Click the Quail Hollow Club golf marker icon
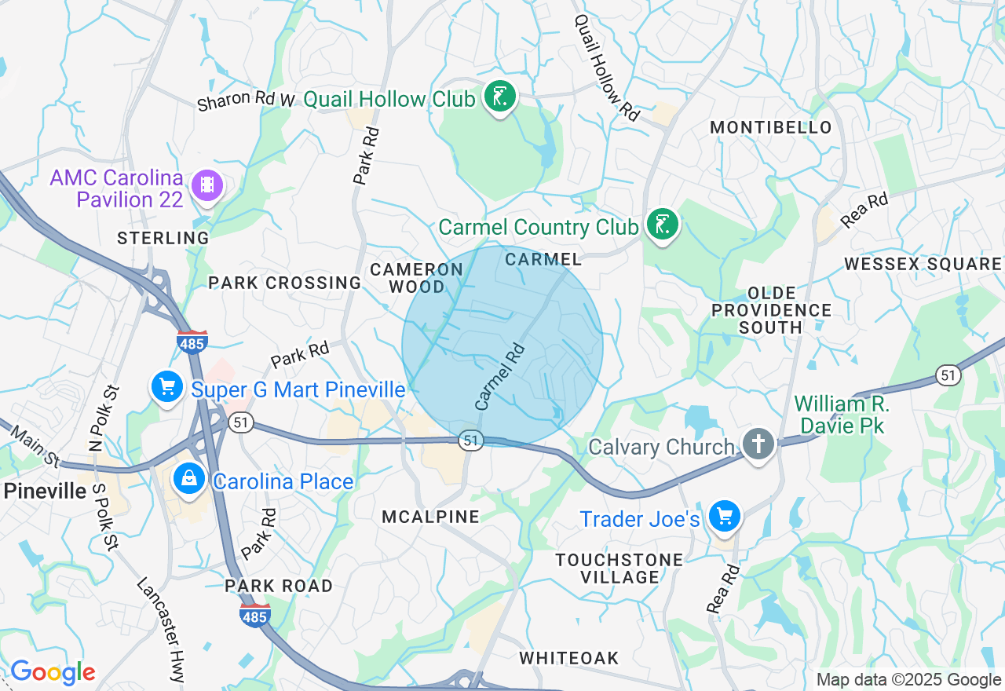pyautogui.click(x=499, y=97)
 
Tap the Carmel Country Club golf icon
pyautogui.click(x=662, y=225)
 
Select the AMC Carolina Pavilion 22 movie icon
pyautogui.click(x=207, y=185)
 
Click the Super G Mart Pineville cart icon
pyautogui.click(x=166, y=387)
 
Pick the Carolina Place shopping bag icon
pyautogui.click(x=189, y=479)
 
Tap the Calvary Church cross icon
pyautogui.click(x=758, y=445)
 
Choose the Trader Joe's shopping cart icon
pyautogui.click(x=724, y=517)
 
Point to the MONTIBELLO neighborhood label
pyautogui.click(x=770, y=127)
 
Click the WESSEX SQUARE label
pyautogui.click(x=923, y=264)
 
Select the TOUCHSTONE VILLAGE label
pyautogui.click(x=619, y=569)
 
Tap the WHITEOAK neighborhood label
pyautogui.click(x=569, y=658)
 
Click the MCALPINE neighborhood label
pyautogui.click(x=430, y=517)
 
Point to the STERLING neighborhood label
pyautogui.click(x=163, y=238)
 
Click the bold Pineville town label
pyautogui.click(x=45, y=492)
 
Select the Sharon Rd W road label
pyautogui.click(x=246, y=100)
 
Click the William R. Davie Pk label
pyautogui.click(x=841, y=415)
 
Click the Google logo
pyautogui.click(x=53, y=672)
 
